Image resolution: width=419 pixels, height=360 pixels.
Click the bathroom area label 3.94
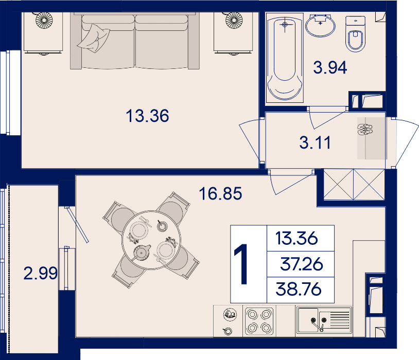tap(330, 67)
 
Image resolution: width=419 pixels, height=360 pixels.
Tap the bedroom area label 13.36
tap(147, 116)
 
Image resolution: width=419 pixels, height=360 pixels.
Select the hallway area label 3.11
tap(315, 142)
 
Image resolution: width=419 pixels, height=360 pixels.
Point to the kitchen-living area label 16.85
tap(220, 193)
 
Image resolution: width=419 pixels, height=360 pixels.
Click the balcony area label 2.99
tap(40, 273)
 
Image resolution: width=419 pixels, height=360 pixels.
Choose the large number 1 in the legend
tap(242, 264)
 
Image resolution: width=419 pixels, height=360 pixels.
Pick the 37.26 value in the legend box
tap(302, 264)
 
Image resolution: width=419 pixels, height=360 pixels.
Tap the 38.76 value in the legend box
tap(298, 289)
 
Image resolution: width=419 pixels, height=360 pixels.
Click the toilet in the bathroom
tap(355, 33)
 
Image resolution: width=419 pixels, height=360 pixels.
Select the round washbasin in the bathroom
tap(320, 25)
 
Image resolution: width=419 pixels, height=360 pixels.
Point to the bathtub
tap(285, 58)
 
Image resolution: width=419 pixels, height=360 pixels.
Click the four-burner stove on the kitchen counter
tap(259, 321)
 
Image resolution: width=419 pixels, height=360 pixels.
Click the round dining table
tap(151, 240)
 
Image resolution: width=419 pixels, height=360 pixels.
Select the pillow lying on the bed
tap(94, 38)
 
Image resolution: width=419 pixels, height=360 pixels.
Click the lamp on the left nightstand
tap(44, 20)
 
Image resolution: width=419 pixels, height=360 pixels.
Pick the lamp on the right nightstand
tap(234, 20)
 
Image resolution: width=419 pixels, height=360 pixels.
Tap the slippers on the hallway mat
tap(365, 130)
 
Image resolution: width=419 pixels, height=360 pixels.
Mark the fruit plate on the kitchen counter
tap(230, 314)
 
